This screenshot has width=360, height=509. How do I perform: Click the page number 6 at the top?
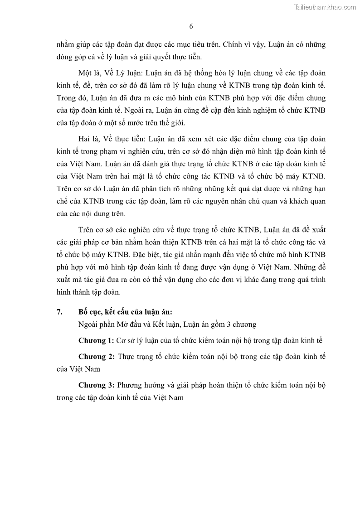(x=191, y=26)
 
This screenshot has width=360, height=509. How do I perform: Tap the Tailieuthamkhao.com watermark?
(x=325, y=7)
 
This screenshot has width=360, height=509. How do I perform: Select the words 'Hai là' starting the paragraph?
(x=89, y=139)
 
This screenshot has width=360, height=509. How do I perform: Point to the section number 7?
(x=59, y=312)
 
